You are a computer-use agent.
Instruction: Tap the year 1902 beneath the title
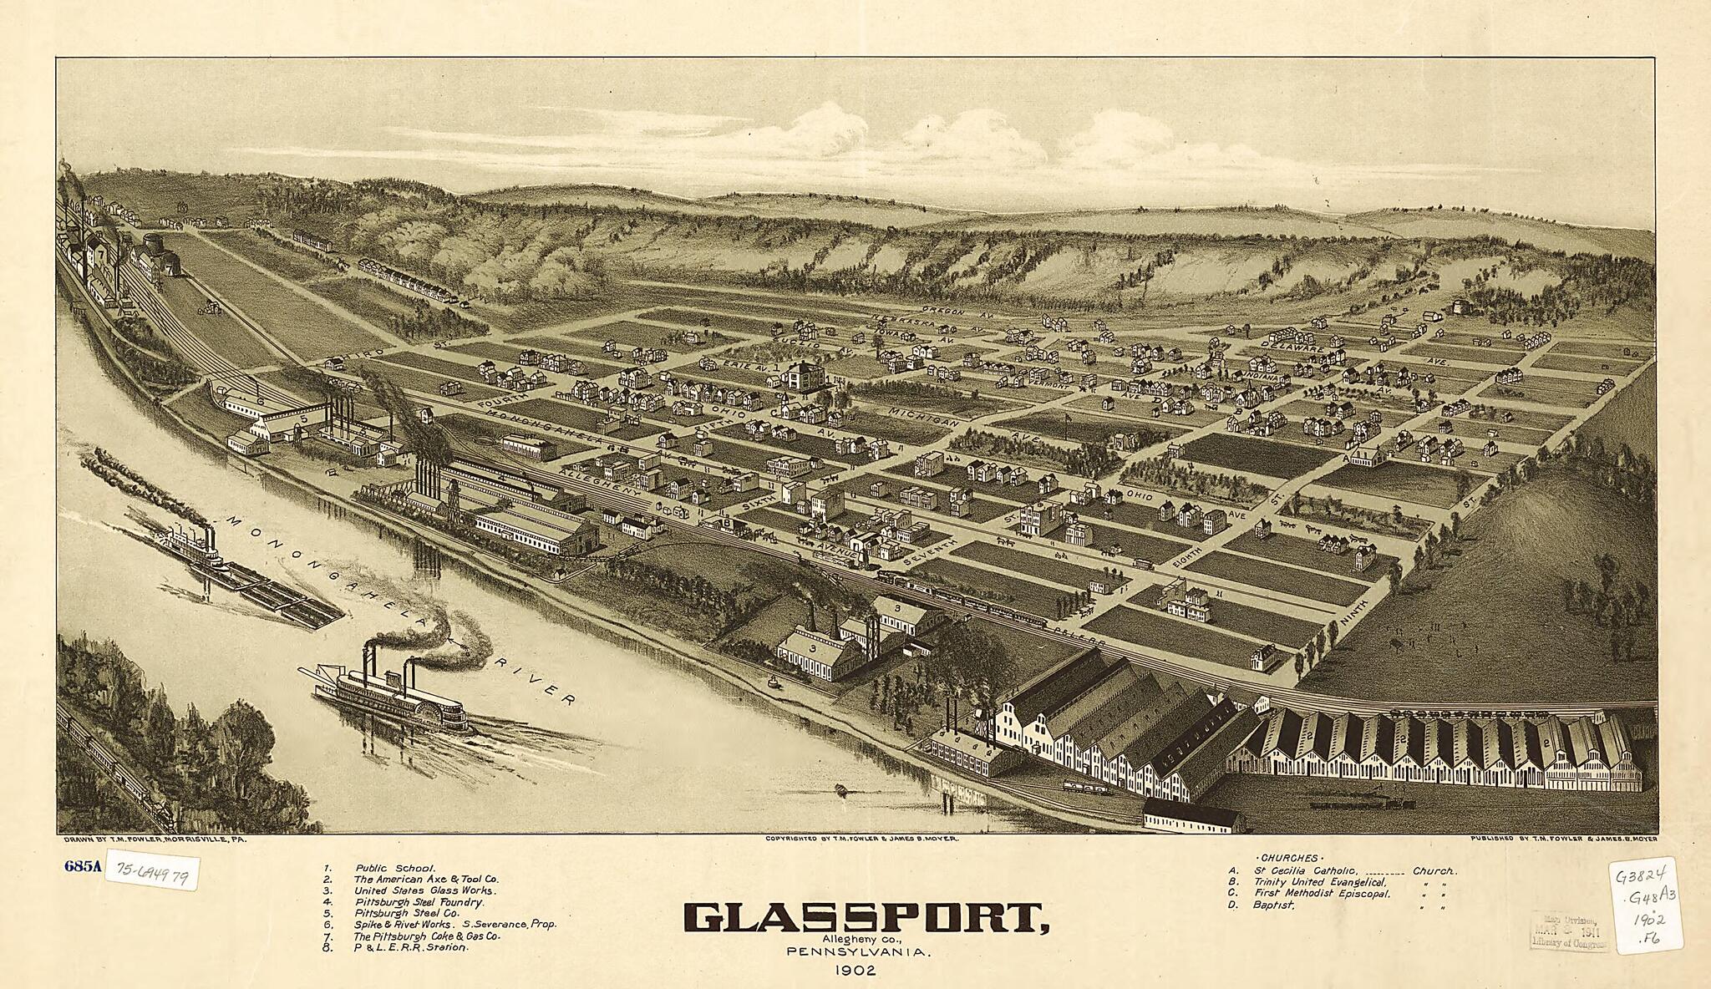coord(855,971)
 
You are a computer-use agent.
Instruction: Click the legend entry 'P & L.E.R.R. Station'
coord(410,948)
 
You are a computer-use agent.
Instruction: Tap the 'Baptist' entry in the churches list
coord(1273,905)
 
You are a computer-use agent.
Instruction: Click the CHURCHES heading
coord(1289,858)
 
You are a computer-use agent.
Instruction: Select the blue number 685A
coord(82,865)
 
